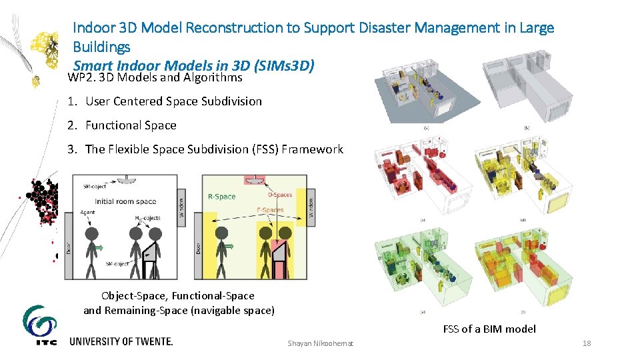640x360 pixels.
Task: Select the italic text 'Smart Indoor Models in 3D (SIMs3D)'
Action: point(193,66)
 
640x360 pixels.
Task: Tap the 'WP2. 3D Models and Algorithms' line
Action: point(155,78)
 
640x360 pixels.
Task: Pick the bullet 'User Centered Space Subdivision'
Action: point(173,101)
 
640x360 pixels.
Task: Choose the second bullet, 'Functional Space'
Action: point(131,125)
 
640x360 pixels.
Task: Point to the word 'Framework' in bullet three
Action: point(312,149)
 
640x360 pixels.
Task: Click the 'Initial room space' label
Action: point(125,201)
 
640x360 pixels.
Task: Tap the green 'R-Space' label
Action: point(221,197)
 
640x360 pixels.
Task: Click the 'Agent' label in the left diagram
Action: point(86,213)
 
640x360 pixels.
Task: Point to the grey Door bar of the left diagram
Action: point(68,246)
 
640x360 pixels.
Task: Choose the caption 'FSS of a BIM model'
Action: point(489,329)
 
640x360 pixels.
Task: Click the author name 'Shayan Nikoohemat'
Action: point(321,343)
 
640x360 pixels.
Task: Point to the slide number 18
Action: point(587,343)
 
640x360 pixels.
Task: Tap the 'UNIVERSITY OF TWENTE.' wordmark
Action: point(121,341)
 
